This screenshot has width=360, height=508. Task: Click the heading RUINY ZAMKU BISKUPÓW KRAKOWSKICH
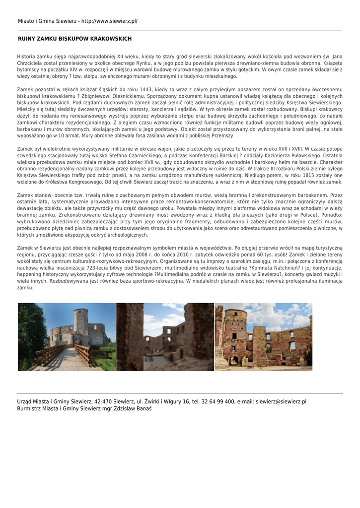pyautogui.click(x=74, y=39)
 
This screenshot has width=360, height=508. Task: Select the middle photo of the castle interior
pyautogui.click(x=165, y=337)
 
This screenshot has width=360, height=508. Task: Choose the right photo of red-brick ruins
pyautogui.click(x=263, y=337)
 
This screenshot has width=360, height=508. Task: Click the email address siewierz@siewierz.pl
pyautogui.click(x=281, y=401)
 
